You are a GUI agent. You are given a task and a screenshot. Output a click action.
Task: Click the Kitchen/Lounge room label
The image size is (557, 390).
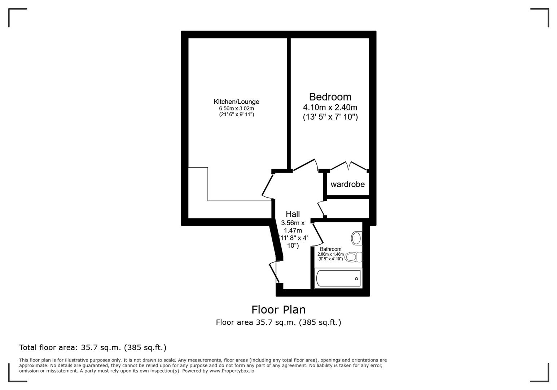[236, 102]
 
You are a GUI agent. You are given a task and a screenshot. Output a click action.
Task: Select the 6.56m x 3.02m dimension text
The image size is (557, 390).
[236, 108]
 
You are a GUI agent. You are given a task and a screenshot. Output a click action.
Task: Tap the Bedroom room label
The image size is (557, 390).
[330, 97]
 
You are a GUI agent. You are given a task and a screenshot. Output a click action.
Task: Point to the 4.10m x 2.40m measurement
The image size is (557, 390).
[330, 107]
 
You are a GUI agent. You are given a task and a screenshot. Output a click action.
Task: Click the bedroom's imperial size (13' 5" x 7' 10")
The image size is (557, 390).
[330, 117]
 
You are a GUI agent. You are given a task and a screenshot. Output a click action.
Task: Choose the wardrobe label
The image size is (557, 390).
[347, 184]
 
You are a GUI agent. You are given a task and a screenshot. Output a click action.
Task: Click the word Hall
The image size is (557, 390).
[293, 214]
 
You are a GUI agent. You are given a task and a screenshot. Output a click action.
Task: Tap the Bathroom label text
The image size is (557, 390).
[330, 249]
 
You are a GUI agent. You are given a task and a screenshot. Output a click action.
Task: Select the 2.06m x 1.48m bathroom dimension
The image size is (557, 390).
[330, 254]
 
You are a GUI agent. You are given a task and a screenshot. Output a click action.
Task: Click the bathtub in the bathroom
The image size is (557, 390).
[338, 278]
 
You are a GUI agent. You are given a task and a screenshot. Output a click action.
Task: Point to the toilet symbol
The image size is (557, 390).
[352, 257]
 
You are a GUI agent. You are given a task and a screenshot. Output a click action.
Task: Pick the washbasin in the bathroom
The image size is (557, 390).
[356, 238]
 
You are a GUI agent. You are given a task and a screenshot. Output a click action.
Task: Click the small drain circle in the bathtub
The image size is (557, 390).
[356, 278]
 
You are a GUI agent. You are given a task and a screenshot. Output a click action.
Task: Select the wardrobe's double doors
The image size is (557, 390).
[348, 166]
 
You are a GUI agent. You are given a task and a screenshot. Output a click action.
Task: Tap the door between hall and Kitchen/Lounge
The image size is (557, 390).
[268, 186]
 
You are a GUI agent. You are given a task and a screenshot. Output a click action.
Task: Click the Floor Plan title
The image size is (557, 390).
[278, 309]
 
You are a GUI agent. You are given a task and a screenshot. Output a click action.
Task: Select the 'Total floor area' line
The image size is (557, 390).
[93, 347]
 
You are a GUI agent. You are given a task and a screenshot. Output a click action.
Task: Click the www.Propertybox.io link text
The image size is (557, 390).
[232, 371]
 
